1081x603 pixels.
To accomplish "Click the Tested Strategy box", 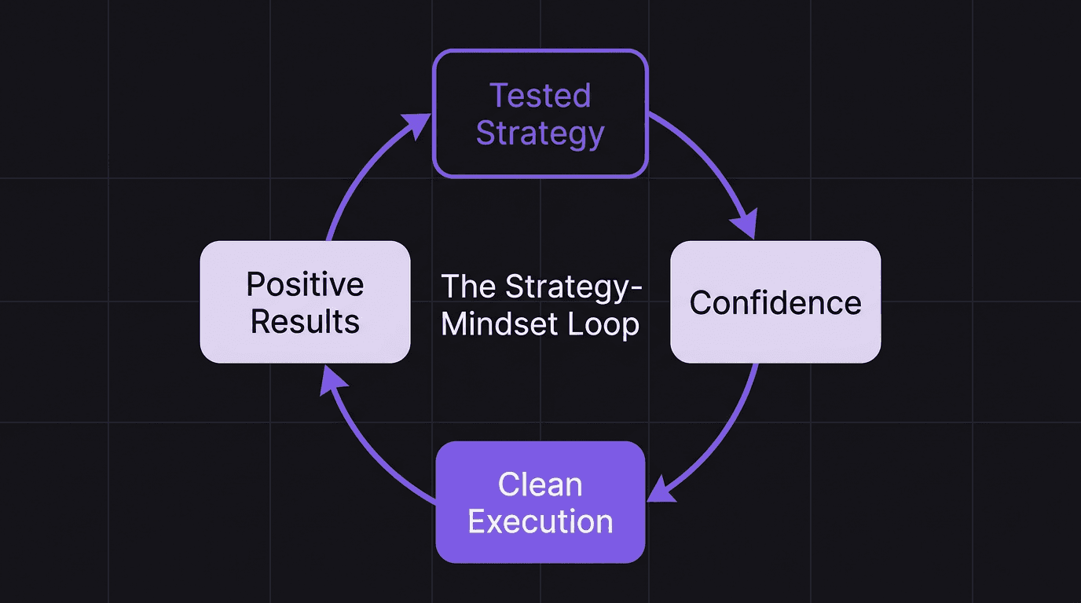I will point(540,114).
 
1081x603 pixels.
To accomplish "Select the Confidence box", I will point(775,302).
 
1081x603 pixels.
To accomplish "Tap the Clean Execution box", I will point(540,502).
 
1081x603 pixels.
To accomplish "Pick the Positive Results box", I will point(305,302).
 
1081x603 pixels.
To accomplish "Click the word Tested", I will point(540,96).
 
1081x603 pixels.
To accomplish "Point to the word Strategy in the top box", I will point(540,133).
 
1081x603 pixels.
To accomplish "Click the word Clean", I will point(540,484).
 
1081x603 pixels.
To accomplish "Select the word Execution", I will point(540,522).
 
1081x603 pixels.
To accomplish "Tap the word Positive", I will point(305,283).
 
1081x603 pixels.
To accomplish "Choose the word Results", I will point(305,322).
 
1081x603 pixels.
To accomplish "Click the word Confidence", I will point(775,303).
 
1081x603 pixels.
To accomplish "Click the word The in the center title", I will point(469,287).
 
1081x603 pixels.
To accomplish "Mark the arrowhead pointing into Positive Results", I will point(335,381).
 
